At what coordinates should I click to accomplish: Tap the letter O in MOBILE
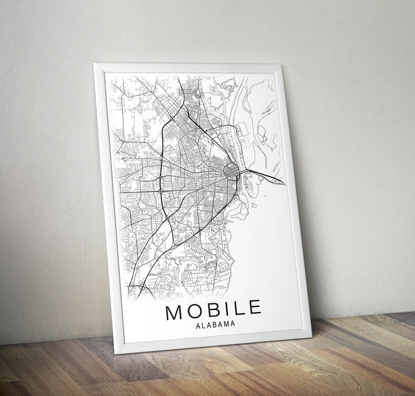click(193, 309)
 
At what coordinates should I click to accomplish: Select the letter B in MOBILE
click(211, 308)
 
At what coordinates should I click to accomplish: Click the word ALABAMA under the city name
click(215, 325)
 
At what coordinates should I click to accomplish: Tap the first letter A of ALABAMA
click(198, 326)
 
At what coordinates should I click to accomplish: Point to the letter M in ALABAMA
click(225, 325)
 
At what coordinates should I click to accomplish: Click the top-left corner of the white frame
click(94, 64)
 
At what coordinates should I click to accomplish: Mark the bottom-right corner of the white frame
click(311, 333)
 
